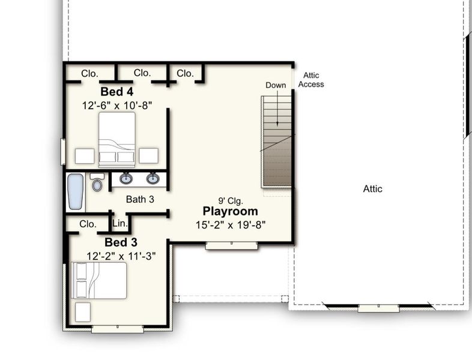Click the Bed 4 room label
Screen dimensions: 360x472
tap(116, 92)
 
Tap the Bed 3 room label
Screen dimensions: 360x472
tap(121, 243)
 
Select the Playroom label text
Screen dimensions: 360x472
tap(230, 211)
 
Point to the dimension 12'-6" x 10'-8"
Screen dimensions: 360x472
tap(116, 104)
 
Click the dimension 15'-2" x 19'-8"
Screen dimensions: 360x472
tap(230, 224)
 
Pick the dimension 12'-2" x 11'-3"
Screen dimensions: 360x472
tap(121, 256)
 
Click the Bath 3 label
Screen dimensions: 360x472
tap(140, 199)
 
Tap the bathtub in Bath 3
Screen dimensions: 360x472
tap(75, 191)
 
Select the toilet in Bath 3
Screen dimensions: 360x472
tap(97, 182)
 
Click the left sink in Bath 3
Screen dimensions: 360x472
tap(126, 178)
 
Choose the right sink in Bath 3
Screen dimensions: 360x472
tap(153, 178)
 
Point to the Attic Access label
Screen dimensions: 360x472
tap(311, 80)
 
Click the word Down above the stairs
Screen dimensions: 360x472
tap(276, 85)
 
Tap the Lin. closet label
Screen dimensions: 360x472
tap(120, 223)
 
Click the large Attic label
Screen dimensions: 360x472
tap(372, 188)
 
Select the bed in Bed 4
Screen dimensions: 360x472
tap(116, 139)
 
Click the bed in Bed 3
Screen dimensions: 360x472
tap(99, 280)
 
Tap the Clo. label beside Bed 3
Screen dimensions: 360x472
tap(88, 224)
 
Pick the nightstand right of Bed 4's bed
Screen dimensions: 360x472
tap(148, 155)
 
